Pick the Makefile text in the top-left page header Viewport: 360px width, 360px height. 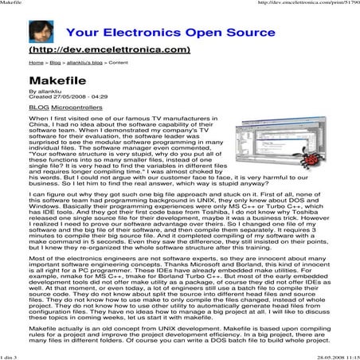[x=14, y=4]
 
